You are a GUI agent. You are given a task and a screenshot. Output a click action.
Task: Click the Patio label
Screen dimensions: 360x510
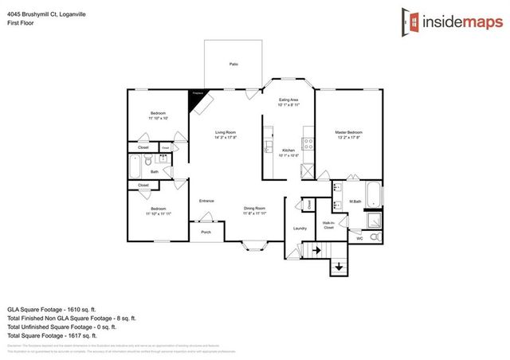[233, 63]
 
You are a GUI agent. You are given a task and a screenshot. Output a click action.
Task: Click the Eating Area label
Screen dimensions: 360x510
[288, 100]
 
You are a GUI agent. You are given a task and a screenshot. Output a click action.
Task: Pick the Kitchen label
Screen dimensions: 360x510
[288, 151]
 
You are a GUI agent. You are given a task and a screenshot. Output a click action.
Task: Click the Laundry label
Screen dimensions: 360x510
[300, 229]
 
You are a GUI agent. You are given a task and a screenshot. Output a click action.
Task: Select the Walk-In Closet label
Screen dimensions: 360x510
[328, 225]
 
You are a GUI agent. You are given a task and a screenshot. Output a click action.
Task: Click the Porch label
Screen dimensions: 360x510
[206, 233]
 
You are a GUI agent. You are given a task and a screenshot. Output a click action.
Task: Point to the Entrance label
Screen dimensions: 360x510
[206, 201]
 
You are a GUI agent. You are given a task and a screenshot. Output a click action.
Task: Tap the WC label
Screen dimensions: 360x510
[359, 238]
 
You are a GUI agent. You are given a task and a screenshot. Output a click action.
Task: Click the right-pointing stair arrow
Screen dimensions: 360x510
[316, 249]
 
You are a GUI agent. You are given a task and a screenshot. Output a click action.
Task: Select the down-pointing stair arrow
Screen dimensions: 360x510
[340, 267]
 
